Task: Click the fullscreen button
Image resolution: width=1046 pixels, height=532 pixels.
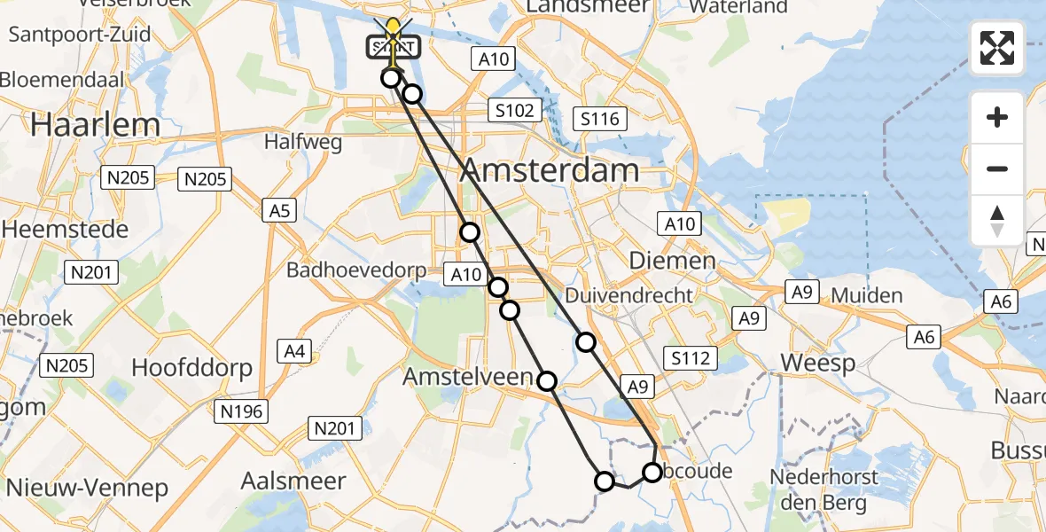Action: pos(997,48)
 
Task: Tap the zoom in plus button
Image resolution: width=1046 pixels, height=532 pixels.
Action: pos(997,117)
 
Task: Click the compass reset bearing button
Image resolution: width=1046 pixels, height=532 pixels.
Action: pos(997,220)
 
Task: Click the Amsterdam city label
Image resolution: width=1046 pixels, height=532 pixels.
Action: pos(550,170)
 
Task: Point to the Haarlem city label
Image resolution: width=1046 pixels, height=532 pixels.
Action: pos(95,125)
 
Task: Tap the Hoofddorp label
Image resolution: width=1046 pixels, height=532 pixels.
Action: pos(191,367)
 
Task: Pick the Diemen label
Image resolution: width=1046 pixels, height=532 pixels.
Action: pos(672,261)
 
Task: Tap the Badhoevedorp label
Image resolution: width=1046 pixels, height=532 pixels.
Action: pos(356,271)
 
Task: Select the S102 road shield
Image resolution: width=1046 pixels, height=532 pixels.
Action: pos(515,111)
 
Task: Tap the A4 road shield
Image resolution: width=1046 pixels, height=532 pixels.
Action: pos(294,352)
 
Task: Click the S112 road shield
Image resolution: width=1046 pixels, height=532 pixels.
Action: pos(691,358)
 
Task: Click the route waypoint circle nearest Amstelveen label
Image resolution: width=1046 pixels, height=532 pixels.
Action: pos(547,381)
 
